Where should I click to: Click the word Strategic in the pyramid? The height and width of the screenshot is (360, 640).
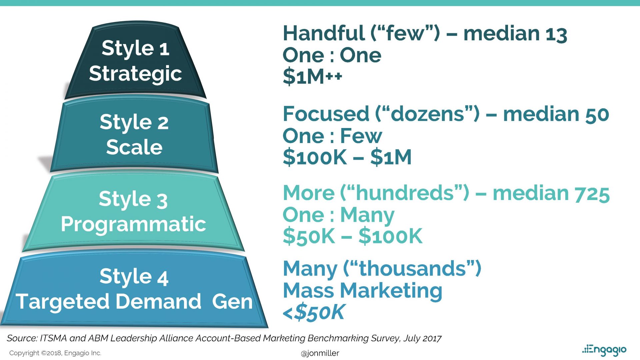135,74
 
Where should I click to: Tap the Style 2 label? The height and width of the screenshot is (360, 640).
134,122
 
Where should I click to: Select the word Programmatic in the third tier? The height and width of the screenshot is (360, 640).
133,224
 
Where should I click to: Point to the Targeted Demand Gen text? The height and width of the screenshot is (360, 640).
134,301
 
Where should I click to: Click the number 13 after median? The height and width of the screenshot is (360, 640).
556,34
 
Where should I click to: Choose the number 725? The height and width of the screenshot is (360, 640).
592,194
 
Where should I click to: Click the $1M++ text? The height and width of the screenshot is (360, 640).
312,77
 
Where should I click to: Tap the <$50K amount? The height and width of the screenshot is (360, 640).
313,312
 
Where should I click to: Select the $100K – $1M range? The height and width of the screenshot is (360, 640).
347,157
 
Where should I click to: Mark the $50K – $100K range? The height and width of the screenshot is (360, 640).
352,236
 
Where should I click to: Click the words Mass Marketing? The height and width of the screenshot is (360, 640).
362,290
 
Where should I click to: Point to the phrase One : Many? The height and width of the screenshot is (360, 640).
338,215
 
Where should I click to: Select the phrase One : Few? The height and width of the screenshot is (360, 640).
332,136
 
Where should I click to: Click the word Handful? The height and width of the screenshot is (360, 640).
324,33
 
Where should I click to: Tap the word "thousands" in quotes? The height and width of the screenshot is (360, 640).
412,268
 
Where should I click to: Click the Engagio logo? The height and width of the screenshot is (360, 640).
604,350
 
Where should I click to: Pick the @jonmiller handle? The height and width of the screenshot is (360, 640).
320,353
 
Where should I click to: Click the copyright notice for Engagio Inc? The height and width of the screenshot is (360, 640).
55,353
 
